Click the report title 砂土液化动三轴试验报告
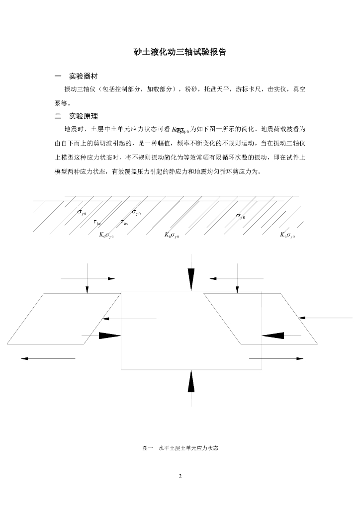[180, 52]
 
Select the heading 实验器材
[83, 77]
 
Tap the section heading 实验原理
[83, 116]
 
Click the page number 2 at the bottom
[180, 476]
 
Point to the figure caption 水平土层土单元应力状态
[188, 448]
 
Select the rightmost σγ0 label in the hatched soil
[241, 215]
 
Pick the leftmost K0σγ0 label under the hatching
[106, 235]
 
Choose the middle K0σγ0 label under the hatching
[172, 235]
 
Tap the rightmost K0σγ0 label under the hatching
[287, 235]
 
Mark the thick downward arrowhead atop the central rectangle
[191, 278]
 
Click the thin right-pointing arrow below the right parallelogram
[276, 358]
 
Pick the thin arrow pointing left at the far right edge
[328, 317]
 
